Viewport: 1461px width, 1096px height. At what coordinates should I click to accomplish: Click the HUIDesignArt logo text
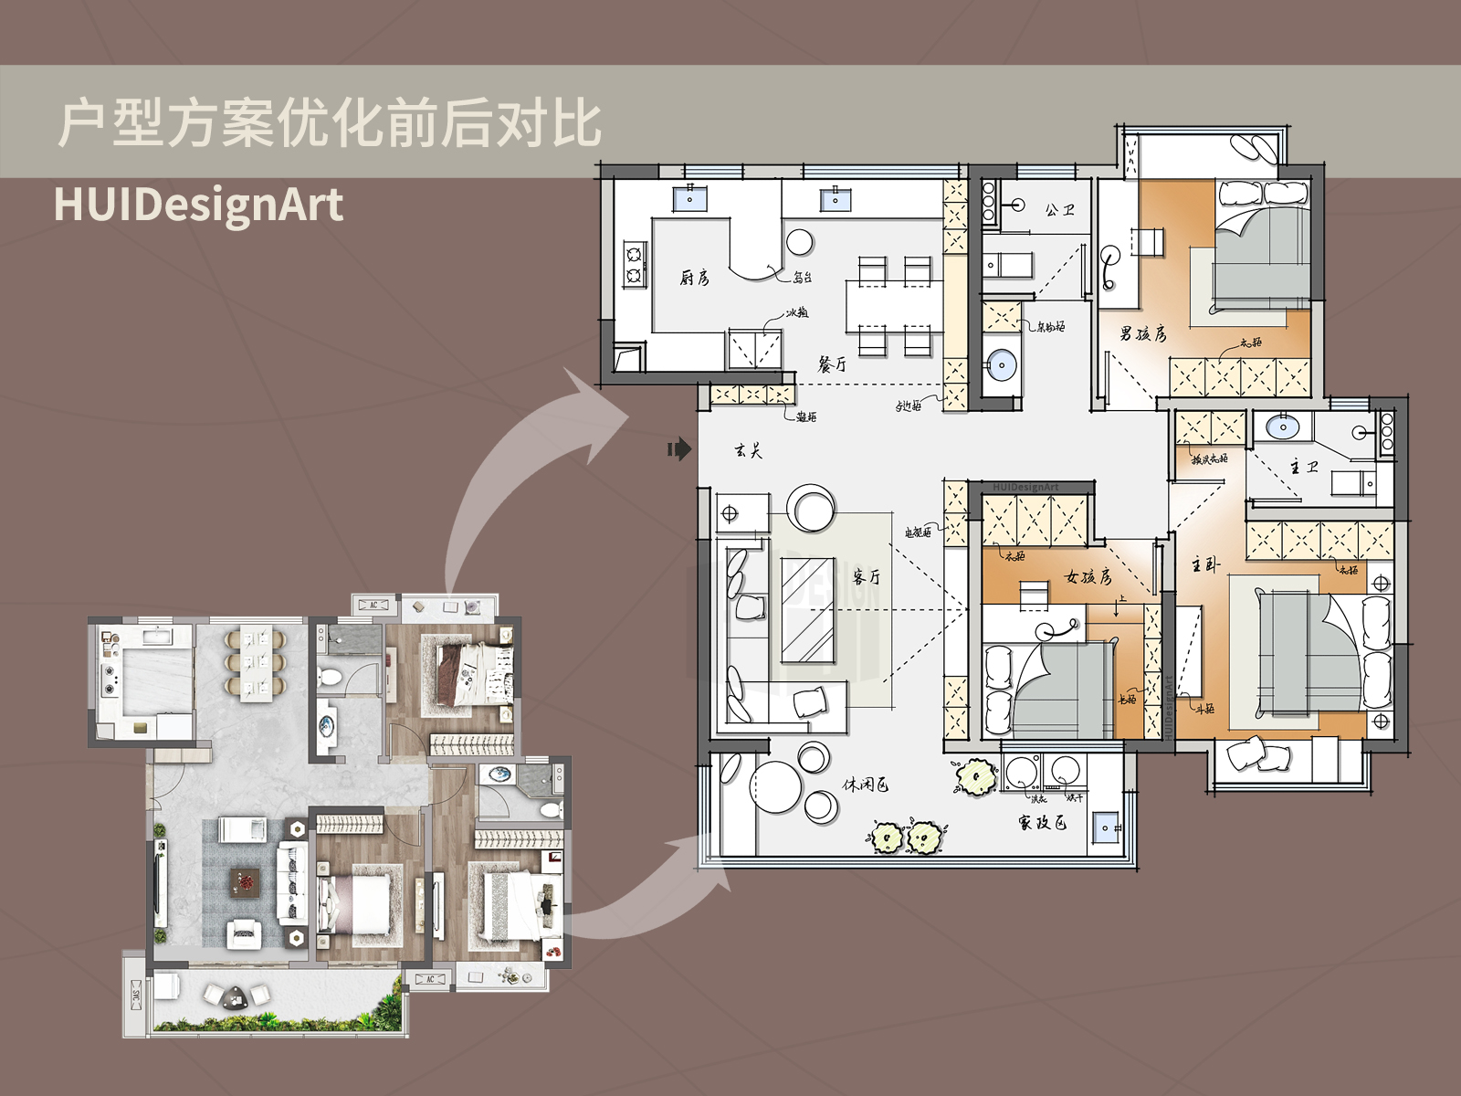198,204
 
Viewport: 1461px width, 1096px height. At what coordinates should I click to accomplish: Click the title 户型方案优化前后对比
329,123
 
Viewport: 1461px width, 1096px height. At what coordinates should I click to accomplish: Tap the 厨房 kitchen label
695,278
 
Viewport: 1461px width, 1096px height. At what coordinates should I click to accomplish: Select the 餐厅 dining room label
832,364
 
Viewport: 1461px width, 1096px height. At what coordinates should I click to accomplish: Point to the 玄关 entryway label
748,450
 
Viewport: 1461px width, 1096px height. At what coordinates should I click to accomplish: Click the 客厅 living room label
867,576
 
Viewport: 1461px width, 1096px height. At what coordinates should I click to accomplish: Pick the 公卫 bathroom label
1059,210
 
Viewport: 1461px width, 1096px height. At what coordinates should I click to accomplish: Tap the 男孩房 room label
1143,333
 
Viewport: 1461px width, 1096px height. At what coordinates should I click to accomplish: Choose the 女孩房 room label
1088,576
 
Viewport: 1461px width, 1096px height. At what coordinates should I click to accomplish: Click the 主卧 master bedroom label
1205,565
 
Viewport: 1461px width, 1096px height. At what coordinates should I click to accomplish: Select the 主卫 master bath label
1304,467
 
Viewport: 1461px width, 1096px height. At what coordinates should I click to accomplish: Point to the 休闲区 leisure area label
865,785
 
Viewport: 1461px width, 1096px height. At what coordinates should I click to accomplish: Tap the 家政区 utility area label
1042,823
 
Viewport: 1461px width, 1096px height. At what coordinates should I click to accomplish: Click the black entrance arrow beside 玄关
678,448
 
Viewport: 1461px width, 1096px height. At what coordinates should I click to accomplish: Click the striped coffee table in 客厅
808,609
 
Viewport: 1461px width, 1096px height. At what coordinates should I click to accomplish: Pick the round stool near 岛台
800,242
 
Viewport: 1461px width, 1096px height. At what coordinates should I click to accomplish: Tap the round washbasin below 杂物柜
1002,365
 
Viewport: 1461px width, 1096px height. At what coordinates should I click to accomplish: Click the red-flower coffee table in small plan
245,882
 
